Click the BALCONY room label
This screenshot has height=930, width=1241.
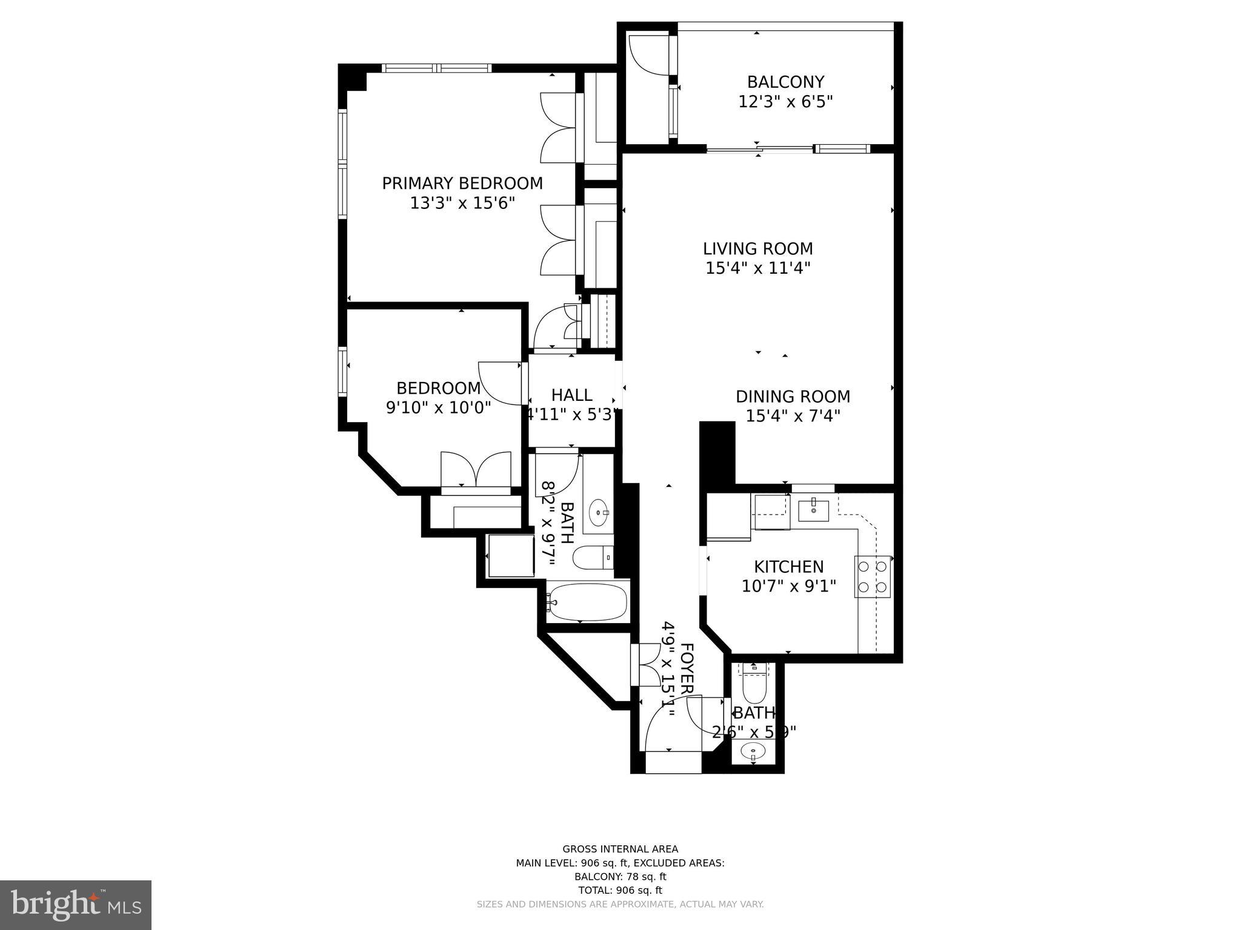[x=785, y=82]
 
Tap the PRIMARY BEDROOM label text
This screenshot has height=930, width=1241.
[x=462, y=183]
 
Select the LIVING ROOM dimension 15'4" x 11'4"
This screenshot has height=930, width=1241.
[x=757, y=268]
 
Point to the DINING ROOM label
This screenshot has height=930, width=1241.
[x=793, y=397]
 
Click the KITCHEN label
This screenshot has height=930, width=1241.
[x=788, y=567]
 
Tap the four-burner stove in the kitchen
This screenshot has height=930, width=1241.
[x=873, y=577]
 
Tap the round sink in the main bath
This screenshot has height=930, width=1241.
[x=599, y=513]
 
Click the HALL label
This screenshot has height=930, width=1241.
[x=571, y=395]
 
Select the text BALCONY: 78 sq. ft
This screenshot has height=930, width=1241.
[x=620, y=877]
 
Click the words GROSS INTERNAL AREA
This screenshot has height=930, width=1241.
[x=620, y=849]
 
